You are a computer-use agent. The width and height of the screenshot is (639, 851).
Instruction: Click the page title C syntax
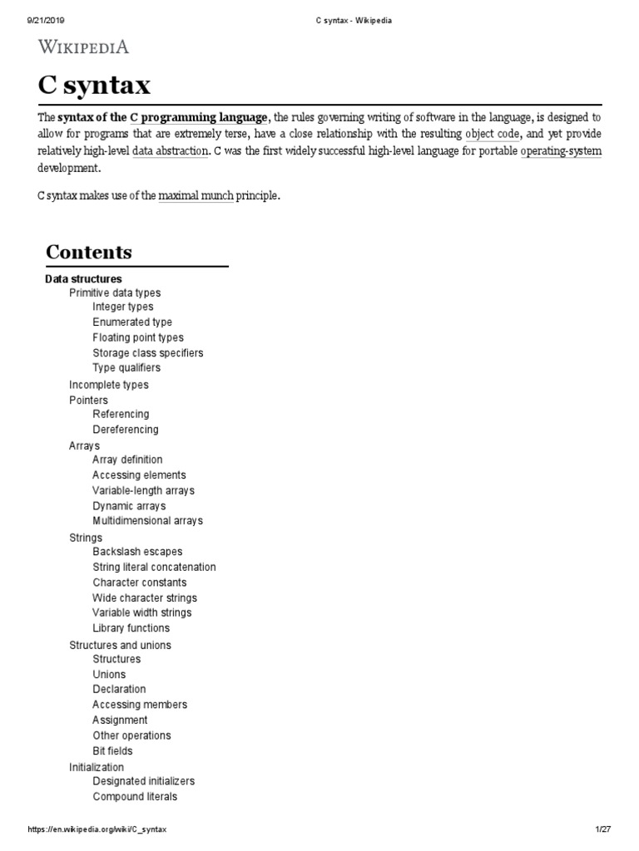coord(94,86)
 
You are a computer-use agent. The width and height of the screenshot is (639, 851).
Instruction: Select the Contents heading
coord(89,252)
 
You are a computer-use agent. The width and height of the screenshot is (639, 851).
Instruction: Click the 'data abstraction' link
coord(170,151)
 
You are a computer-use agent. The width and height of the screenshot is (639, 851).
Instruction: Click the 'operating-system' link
coord(561,151)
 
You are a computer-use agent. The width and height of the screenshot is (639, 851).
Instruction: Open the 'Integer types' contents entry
coord(123,307)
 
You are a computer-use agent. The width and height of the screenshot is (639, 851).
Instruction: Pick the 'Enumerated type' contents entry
coord(132,322)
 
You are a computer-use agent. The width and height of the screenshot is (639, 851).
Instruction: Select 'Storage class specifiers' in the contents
coord(148,352)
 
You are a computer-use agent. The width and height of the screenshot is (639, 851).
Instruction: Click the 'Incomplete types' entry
coord(109,385)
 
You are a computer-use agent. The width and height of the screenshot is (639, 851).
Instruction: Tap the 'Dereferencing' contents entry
coord(126,430)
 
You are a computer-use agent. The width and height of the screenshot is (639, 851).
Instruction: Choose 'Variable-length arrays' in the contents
coord(143,490)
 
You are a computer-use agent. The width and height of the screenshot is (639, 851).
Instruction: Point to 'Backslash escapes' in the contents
coord(137,552)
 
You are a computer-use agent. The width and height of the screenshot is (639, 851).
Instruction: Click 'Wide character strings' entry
coord(145,598)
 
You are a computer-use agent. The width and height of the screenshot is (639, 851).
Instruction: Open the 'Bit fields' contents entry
coord(112,751)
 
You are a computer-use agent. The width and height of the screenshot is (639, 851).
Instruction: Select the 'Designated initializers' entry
coord(144,781)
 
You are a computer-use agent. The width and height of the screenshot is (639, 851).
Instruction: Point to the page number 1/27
coord(603,830)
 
